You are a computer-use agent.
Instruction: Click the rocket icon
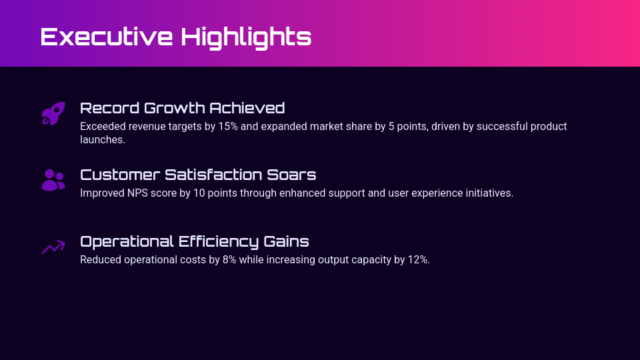(x=53, y=113)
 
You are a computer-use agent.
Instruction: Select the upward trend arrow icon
(x=53, y=247)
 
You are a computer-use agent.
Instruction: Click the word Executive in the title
(x=106, y=37)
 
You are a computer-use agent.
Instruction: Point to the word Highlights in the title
(x=246, y=37)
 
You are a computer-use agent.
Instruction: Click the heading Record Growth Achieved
(x=182, y=108)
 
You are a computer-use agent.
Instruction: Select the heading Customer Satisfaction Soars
(x=198, y=175)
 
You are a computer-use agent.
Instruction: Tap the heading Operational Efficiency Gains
(x=194, y=241)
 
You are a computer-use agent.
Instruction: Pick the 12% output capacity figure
(x=418, y=260)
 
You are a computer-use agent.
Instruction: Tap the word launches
(x=102, y=140)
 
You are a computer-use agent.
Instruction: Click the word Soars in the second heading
(x=296, y=175)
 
